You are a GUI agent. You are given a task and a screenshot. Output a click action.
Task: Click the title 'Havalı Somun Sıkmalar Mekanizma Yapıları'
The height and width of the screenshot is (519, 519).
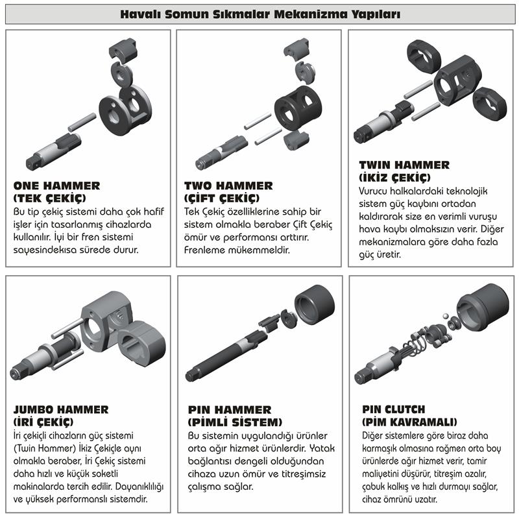259,14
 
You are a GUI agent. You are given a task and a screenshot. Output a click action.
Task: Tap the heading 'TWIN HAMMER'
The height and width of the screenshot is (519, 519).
404,165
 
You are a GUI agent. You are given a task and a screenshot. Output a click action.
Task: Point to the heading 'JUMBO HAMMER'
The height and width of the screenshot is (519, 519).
61,410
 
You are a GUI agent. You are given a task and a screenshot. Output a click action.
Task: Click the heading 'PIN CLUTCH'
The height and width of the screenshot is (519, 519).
394,410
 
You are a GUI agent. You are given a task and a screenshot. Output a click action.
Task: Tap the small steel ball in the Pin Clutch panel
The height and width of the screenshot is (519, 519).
446,315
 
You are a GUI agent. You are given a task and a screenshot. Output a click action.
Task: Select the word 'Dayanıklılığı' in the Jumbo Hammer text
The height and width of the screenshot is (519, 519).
138,487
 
